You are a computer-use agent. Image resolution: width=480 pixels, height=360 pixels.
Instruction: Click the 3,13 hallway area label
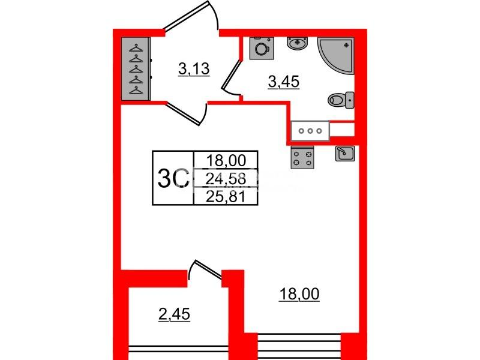(194, 69)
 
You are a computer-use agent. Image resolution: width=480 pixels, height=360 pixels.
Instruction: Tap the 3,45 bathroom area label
(283, 82)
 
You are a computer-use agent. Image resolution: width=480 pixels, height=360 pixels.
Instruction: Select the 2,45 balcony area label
(174, 314)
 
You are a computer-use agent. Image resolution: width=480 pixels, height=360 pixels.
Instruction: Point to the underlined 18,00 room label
(299, 294)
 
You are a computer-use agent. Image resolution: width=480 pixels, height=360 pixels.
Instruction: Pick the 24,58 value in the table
(226, 179)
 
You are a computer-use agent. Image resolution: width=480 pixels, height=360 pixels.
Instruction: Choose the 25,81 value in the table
(226, 197)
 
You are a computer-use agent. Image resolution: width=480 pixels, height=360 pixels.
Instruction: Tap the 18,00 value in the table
(226, 160)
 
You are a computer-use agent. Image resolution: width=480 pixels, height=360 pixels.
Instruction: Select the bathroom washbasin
(296, 43)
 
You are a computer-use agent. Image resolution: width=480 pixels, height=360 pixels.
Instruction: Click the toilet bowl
(341, 100)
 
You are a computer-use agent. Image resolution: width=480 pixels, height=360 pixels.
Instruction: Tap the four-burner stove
(302, 157)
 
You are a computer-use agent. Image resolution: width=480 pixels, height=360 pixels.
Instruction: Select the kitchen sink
(345, 154)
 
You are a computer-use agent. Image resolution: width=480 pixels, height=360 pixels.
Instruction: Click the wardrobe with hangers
(136, 69)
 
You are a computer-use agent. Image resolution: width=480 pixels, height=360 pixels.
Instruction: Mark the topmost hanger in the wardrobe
(136, 48)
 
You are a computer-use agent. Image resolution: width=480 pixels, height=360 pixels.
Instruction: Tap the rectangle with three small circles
(310, 131)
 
